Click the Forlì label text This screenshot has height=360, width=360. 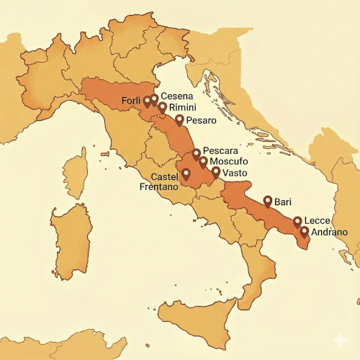(x=131, y=99)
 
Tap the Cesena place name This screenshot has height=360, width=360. (x=176, y=96)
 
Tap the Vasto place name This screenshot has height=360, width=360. (x=235, y=174)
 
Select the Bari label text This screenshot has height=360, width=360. (x=282, y=203)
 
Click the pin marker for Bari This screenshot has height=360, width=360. (x=267, y=201)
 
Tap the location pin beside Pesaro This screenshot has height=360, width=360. (x=179, y=119)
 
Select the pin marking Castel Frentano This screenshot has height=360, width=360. (x=186, y=174)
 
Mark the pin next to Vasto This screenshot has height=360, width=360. (x=216, y=172)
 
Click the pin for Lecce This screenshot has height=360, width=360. (x=297, y=221)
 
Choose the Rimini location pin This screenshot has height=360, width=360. (x=162, y=107)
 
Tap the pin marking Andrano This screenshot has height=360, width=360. (x=305, y=232)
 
